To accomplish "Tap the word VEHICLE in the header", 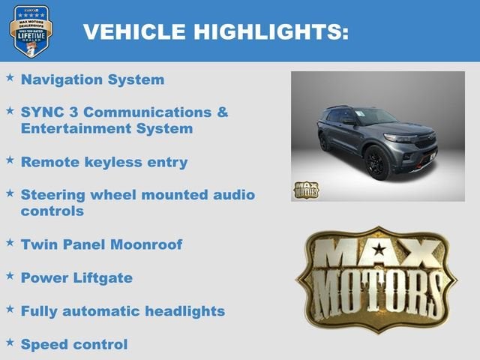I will pyautogui.click(x=134, y=31).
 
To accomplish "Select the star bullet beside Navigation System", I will pyautogui.click(x=10, y=77).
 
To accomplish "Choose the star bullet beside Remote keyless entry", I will pyautogui.click(x=10, y=160).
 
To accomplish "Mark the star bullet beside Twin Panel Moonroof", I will pyautogui.click(x=10, y=242).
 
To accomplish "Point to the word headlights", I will pyautogui.click(x=183, y=311).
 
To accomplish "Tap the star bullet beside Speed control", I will pyautogui.click(x=10, y=342).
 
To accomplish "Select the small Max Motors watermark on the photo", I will pyautogui.click(x=305, y=190).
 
